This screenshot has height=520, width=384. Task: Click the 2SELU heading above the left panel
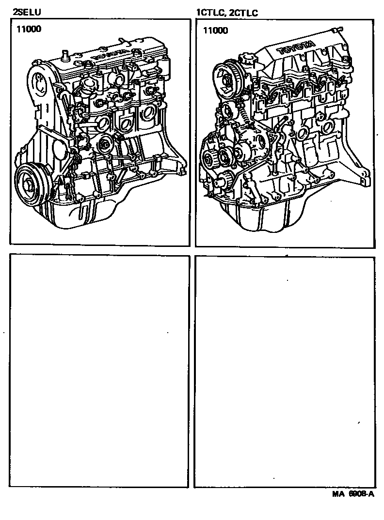point(27,12)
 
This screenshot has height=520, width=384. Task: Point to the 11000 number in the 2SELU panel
point(29,29)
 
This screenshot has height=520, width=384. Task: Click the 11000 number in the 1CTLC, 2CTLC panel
point(216,31)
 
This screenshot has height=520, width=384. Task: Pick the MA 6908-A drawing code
point(353,494)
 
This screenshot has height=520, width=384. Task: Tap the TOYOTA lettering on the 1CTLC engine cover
point(296,47)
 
